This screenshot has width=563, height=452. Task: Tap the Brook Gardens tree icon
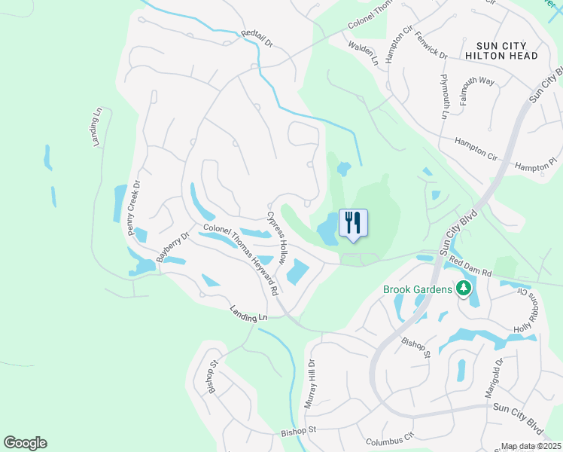[x=464, y=289]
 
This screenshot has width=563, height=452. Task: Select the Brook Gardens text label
[x=418, y=289]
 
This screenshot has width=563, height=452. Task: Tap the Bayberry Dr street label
[x=171, y=246]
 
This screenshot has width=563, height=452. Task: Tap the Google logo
[x=25, y=443]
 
